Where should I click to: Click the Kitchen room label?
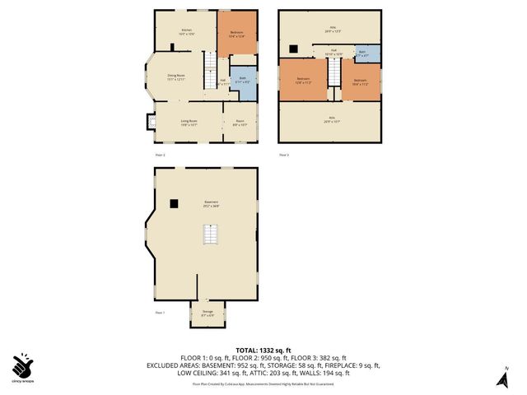pos(187,31)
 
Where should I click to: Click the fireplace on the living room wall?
pos(149,122)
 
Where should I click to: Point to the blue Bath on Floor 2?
pos(244,80)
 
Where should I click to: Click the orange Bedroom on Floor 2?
pos(237,35)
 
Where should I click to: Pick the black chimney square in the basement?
pos(175,203)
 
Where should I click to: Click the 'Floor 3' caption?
pos(284,155)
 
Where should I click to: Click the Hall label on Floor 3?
pos(334,50)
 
